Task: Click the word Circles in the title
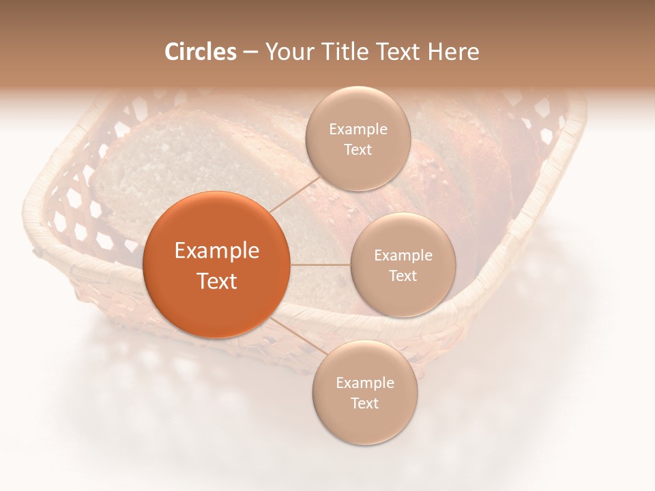pyautogui.click(x=201, y=52)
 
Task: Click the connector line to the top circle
pyautogui.click(x=294, y=192)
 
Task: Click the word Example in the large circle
pyautogui.click(x=217, y=251)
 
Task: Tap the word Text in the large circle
pyautogui.click(x=217, y=281)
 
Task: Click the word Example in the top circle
pyautogui.click(x=358, y=130)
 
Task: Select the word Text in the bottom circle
pyautogui.click(x=364, y=404)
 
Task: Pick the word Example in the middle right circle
pyautogui.click(x=403, y=256)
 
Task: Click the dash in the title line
pyautogui.click(x=250, y=53)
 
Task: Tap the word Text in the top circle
pyautogui.click(x=358, y=150)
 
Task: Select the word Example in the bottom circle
pyautogui.click(x=365, y=383)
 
